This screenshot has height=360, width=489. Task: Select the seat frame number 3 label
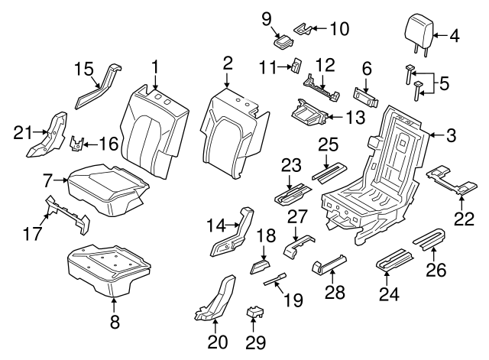[x=452, y=136]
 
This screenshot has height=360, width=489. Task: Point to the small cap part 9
[x=282, y=41]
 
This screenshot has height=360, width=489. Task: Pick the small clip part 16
[x=78, y=143]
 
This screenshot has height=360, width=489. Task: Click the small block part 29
[x=254, y=313]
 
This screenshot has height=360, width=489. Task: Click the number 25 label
[x=328, y=144]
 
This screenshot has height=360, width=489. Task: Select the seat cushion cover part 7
[x=107, y=187]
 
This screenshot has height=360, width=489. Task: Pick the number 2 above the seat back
[x=228, y=62]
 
